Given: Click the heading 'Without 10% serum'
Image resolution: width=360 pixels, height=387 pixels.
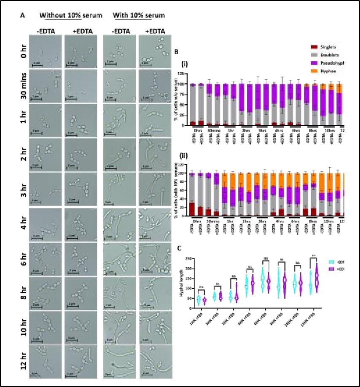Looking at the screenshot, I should (71, 16).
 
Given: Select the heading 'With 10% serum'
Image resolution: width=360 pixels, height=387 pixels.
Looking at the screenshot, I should (139, 16).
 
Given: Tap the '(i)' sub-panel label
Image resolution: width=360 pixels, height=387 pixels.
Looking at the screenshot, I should (184, 65).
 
